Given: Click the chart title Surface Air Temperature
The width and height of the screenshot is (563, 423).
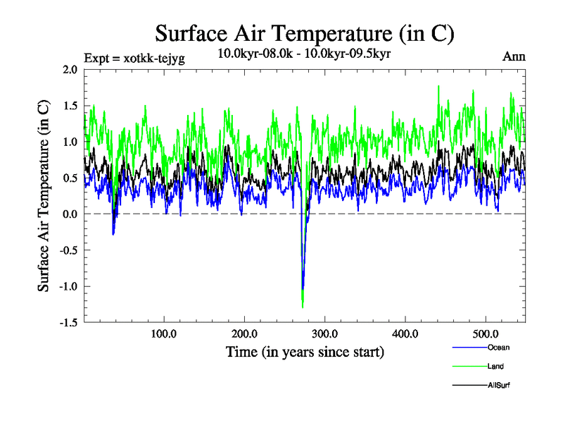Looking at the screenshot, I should (x=304, y=33).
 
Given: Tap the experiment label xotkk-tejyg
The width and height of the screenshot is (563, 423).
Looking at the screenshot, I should (x=134, y=59).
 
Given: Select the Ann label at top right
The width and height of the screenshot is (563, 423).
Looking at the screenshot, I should (x=513, y=56).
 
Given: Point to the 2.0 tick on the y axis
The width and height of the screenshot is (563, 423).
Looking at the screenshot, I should (x=69, y=70).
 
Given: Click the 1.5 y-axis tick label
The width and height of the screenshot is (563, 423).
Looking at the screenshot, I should (x=69, y=106).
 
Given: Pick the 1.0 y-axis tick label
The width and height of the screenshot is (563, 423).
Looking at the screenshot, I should (x=69, y=142).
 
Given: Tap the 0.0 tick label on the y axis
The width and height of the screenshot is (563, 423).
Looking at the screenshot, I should (x=69, y=214).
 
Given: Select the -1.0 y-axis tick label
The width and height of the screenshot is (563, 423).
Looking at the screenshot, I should (x=67, y=286).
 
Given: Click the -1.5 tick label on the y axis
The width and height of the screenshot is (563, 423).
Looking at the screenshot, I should (x=67, y=322).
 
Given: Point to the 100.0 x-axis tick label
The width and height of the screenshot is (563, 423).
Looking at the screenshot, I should (x=164, y=333).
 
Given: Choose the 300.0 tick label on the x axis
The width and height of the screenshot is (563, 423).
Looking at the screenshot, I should (x=325, y=333).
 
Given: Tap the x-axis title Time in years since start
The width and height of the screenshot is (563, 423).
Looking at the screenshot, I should (x=304, y=352).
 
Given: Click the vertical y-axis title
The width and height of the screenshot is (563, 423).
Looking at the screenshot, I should (x=44, y=196).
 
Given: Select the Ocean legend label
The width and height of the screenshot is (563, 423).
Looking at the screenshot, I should (x=498, y=348).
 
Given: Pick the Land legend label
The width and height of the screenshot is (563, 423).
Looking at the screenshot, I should (x=495, y=367).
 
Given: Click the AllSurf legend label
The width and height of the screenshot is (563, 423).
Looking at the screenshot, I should (x=498, y=386).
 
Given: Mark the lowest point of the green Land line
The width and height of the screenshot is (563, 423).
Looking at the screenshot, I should (x=303, y=307).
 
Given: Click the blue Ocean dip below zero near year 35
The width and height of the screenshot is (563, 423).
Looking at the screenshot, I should (x=113, y=233).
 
